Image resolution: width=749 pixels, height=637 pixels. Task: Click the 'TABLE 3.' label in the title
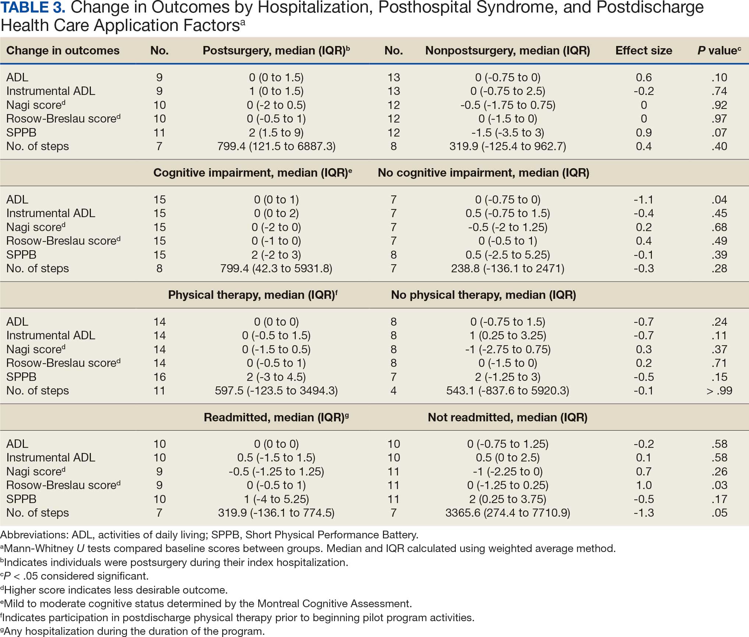point(33,8)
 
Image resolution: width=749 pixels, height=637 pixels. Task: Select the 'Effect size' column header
point(643,50)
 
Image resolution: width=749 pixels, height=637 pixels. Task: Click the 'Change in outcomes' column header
point(63,50)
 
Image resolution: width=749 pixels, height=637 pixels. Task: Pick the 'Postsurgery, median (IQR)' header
point(274,50)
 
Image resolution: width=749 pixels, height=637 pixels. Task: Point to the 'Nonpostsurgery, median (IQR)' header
point(507,50)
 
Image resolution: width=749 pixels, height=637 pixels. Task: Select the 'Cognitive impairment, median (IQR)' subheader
point(251,173)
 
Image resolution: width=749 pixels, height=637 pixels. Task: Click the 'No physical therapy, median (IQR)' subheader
point(483,295)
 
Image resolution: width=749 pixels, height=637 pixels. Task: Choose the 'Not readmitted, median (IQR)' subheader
point(507,417)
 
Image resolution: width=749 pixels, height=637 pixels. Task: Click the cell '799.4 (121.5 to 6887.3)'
point(276,146)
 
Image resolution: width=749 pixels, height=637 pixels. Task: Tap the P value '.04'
point(719,199)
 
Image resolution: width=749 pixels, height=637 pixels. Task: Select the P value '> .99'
point(719,390)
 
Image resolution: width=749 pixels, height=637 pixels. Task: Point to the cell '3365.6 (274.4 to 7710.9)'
point(508,513)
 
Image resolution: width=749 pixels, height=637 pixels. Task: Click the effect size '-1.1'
point(643,199)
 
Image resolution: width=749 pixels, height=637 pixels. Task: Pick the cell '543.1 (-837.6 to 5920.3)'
point(508,390)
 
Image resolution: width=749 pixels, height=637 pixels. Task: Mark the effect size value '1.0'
point(644,485)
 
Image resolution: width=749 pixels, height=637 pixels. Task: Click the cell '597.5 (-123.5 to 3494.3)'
point(276,390)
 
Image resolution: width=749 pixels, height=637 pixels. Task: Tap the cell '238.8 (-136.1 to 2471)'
point(508,268)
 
